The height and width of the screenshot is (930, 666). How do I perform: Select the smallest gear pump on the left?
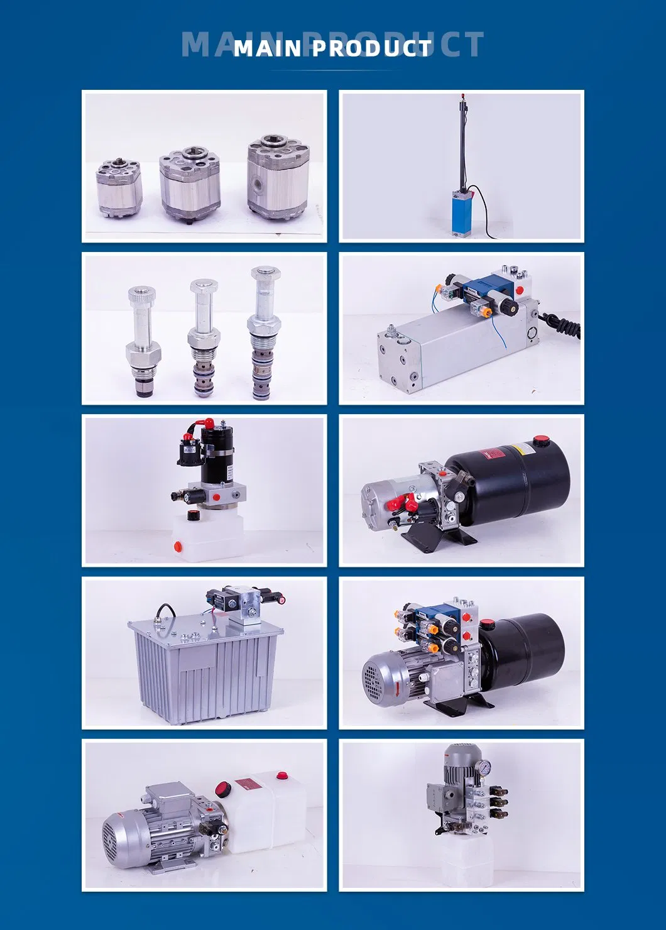[119, 187]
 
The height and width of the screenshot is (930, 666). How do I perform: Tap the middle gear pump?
[190, 183]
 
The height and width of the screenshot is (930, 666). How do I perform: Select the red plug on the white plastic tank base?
[178, 547]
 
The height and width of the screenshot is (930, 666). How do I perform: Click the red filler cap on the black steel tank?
[541, 441]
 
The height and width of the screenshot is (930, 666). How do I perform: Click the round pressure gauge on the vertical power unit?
[484, 767]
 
